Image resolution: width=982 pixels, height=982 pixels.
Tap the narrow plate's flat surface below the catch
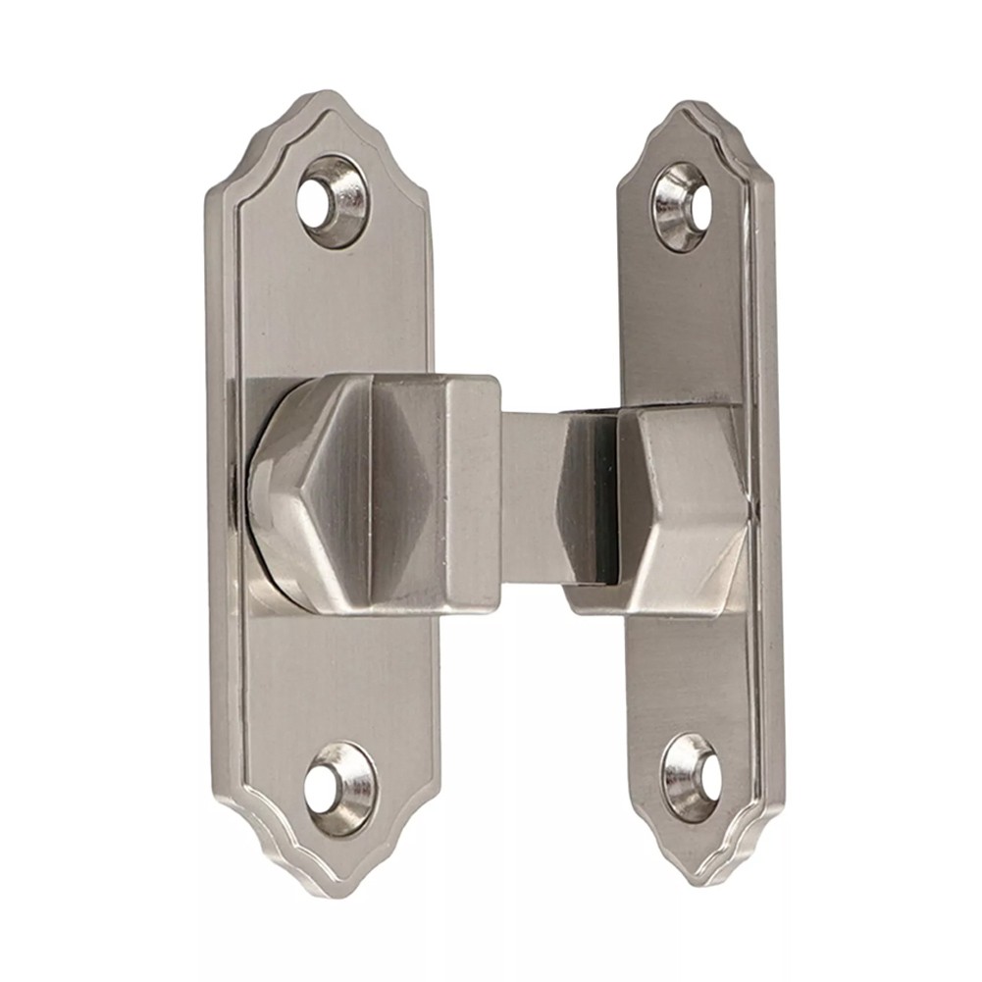coord(687,677)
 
